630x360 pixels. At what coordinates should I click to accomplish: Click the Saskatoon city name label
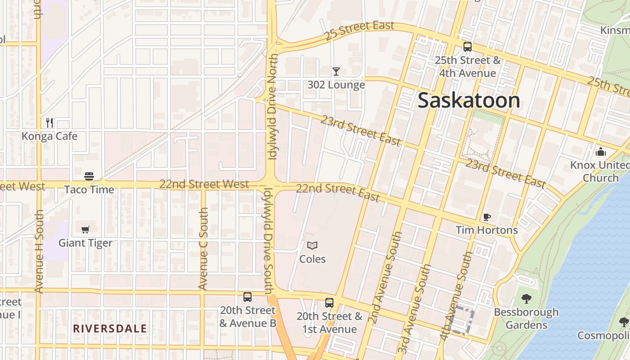[x=469, y=100]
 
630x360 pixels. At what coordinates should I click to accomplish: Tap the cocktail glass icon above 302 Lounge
[x=336, y=71]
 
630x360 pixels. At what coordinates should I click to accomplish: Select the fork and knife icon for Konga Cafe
[x=49, y=122]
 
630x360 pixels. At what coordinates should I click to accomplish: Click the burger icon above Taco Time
[x=89, y=176]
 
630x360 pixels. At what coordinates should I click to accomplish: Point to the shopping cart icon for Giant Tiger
[x=85, y=229]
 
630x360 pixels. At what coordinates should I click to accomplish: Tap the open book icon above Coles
[x=312, y=245]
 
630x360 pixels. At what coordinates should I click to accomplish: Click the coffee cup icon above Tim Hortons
[x=486, y=217]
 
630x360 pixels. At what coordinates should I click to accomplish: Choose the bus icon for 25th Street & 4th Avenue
[x=468, y=46]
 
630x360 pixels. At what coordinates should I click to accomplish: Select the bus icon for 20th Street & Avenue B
[x=247, y=297]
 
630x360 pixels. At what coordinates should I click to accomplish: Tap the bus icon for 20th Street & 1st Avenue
[x=329, y=303]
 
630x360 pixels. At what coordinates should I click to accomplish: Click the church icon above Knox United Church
[x=600, y=152]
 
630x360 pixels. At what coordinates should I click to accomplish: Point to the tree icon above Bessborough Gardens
[x=526, y=298]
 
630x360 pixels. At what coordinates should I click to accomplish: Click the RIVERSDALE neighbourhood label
[x=110, y=328]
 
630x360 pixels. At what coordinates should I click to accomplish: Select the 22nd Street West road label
[x=204, y=184]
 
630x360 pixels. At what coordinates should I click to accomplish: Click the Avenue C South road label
[x=203, y=249]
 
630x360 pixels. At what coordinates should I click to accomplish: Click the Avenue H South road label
[x=39, y=251]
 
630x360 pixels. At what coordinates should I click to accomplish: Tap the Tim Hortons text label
[x=486, y=230]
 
